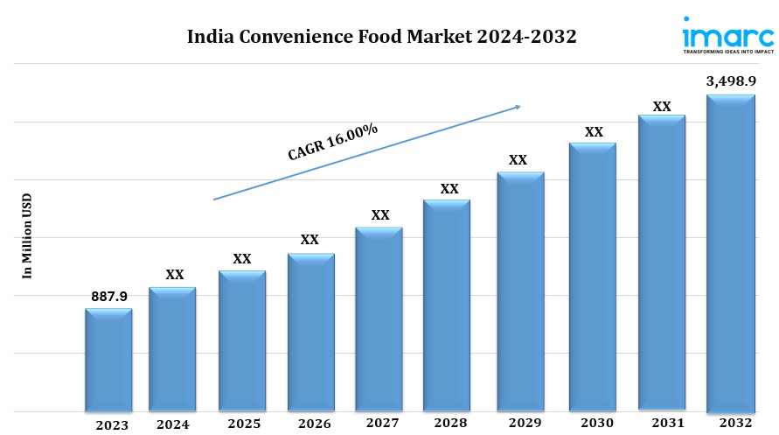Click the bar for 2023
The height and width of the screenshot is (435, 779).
point(108,360)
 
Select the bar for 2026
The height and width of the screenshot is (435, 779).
point(311,333)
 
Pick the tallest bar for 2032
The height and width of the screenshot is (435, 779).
point(731,254)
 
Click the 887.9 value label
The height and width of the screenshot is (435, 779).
point(109,297)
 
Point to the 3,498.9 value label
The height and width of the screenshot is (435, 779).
point(731,81)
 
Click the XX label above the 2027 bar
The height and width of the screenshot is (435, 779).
point(380,214)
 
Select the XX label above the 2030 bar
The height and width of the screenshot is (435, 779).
point(594,131)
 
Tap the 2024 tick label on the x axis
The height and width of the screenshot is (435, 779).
point(174,424)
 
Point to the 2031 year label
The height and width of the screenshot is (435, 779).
point(663,424)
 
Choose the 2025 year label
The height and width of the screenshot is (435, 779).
point(244,424)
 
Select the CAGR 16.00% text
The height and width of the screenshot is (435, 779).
point(332,142)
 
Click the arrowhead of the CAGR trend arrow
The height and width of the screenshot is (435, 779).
point(517,107)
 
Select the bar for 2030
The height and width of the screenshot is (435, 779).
point(594,277)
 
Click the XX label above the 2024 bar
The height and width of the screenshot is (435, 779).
point(175,275)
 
